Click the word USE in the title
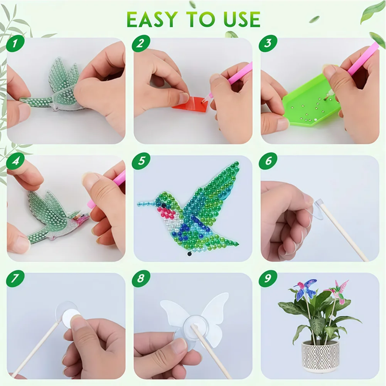[x=238, y=19]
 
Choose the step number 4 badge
[x=14, y=162]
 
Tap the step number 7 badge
[x=14, y=278]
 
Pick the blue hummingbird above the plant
[x=305, y=289]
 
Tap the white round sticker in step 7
[x=71, y=319]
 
